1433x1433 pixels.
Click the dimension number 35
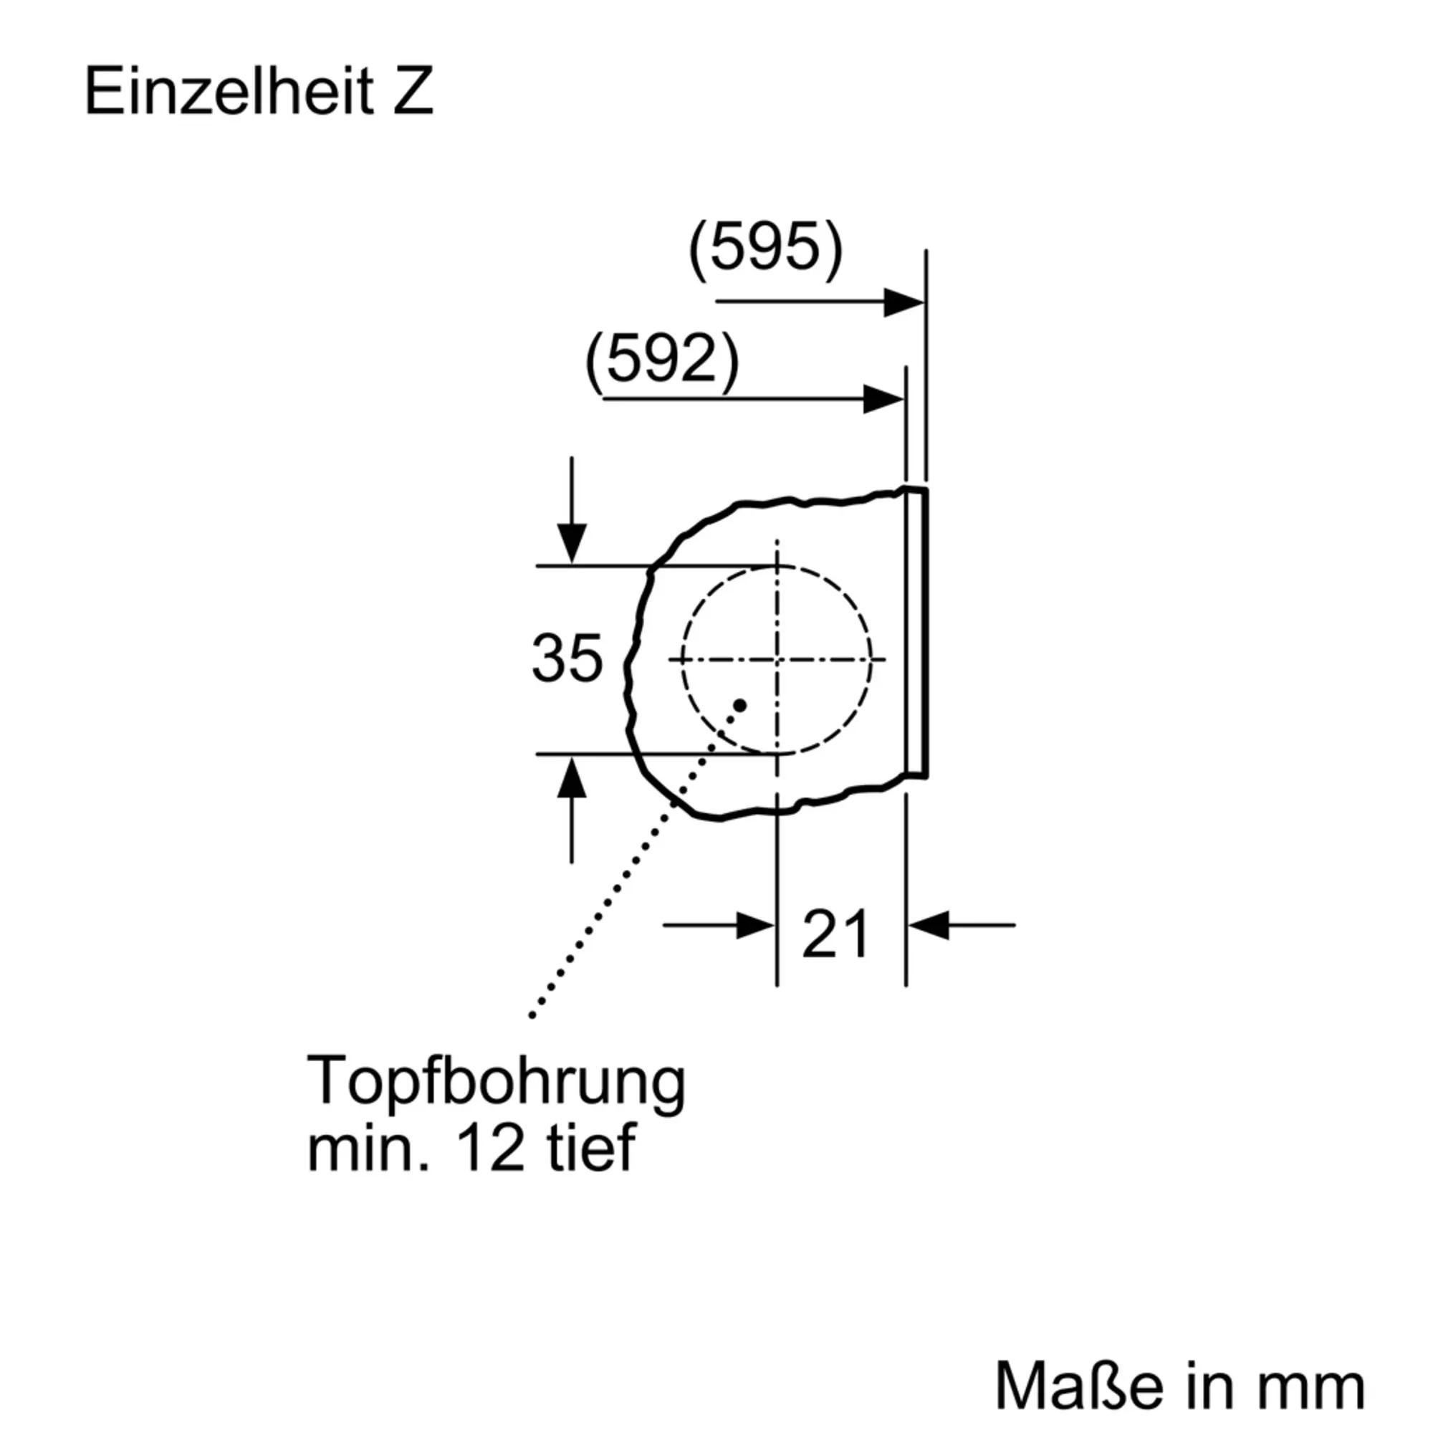point(567,658)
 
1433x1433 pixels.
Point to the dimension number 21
point(835,934)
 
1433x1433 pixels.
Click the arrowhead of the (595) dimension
point(904,302)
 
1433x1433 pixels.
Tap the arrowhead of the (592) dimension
point(884,400)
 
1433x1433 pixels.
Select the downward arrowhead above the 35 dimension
point(571,543)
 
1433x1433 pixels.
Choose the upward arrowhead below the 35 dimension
point(571,778)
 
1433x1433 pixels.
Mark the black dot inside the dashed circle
point(739,704)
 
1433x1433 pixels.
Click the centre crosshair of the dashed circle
point(777,658)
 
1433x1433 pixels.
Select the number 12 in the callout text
point(490,1150)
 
